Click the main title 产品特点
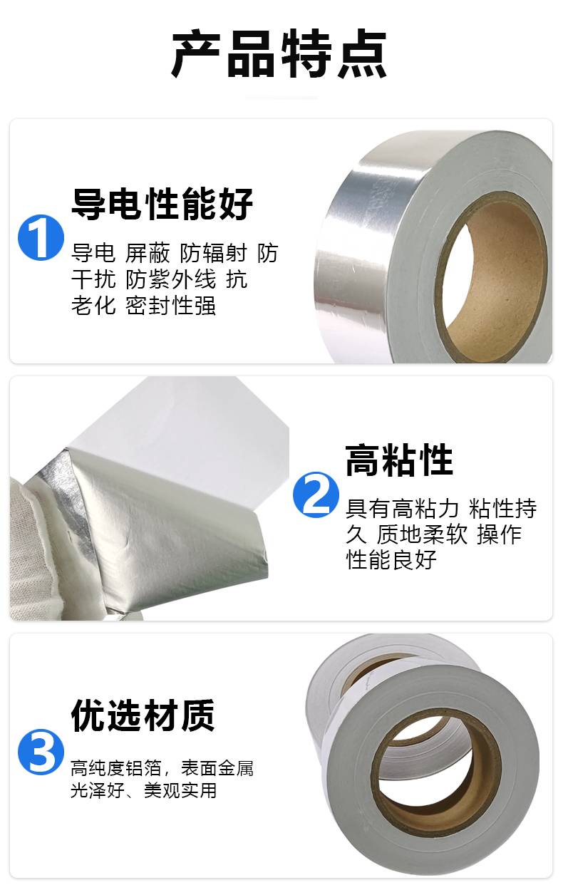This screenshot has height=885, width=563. pos(279,53)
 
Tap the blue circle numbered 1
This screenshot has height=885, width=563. pos(41,237)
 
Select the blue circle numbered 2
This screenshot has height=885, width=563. pos(316,495)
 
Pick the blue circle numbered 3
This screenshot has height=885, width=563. pos(41,752)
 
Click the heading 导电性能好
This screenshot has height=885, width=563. pos(162,204)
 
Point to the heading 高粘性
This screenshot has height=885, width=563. pos(399,460)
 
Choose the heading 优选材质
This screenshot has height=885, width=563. pos(143,716)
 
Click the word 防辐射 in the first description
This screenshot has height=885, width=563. pos(213,253)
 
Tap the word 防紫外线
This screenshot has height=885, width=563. pos(171,280)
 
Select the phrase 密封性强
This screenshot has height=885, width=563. pos(171,306)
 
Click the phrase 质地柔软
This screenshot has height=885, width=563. pos(422,534)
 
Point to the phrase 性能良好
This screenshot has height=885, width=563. pos(391,560)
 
